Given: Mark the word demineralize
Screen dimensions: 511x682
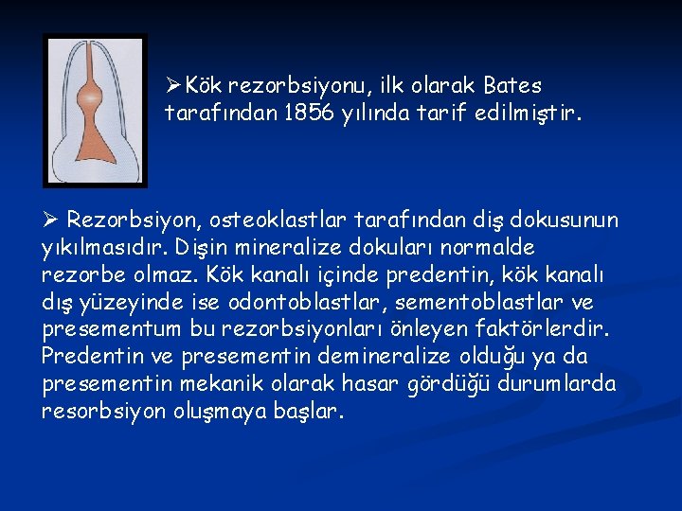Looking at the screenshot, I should tap(350, 357).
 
